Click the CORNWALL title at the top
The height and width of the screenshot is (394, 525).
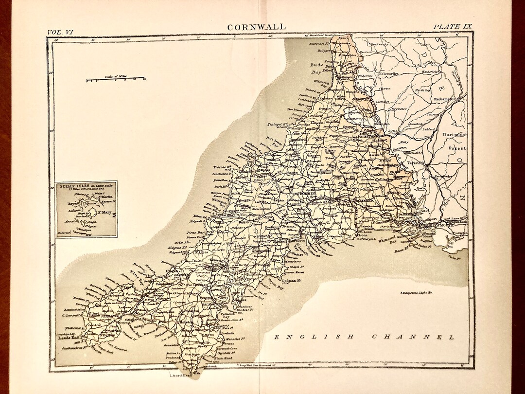257,27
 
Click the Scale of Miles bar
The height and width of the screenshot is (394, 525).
116,79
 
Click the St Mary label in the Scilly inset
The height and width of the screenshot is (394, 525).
106,212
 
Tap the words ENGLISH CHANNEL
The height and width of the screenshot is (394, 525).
364,337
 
